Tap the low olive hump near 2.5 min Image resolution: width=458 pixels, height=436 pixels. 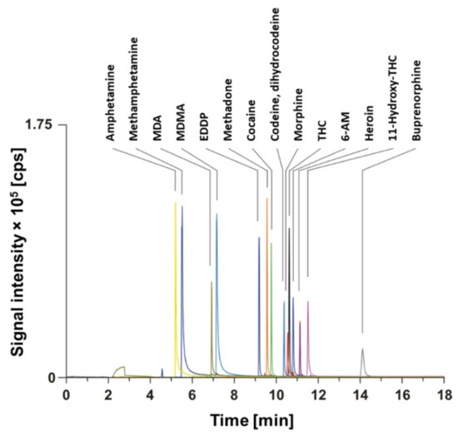coord(121,369)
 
